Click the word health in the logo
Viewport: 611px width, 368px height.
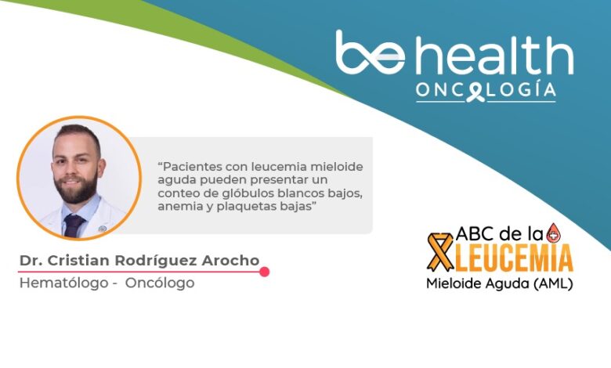tap(495, 55)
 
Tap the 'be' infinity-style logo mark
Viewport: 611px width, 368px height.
tap(371, 52)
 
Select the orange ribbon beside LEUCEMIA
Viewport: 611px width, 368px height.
tap(441, 252)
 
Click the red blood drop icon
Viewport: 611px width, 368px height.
tap(553, 233)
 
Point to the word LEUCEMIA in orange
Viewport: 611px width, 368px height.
tap(515, 258)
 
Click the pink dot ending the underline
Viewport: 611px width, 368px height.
tap(265, 272)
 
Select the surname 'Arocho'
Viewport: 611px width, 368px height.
tap(230, 261)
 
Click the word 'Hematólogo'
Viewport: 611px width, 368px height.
tap(64, 283)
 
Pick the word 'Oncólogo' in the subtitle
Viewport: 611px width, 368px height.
tap(160, 283)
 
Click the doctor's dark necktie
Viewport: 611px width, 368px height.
tap(74, 225)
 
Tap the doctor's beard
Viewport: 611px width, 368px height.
tap(77, 188)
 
